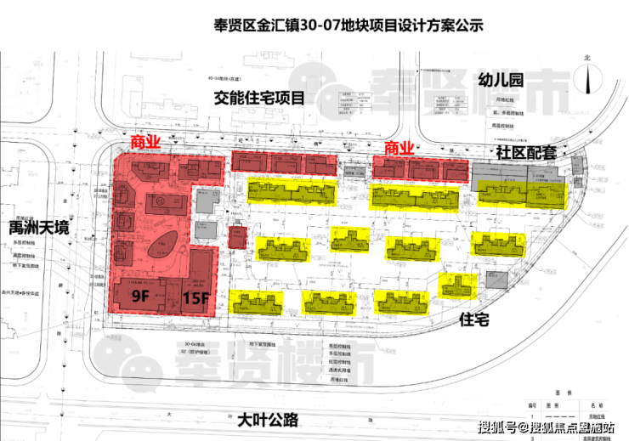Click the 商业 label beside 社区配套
tap(399, 148)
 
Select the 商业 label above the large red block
tap(146, 140)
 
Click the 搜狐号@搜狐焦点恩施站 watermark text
tap(547, 427)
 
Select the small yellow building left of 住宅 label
tap(458, 286)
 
